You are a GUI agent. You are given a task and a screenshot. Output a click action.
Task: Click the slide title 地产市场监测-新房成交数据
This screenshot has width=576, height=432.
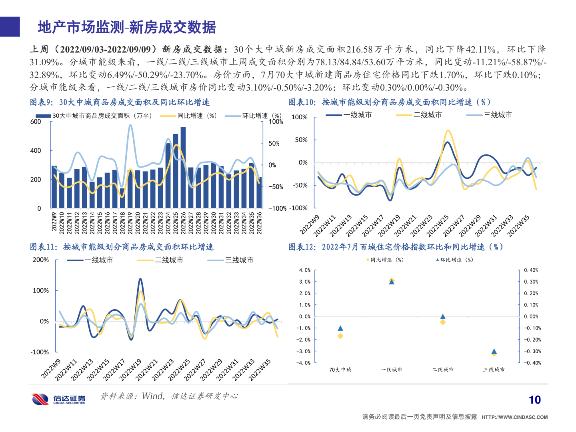pyautogui.click(x=126, y=27)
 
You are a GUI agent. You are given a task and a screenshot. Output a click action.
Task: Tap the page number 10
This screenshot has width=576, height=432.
pyautogui.click(x=534, y=400)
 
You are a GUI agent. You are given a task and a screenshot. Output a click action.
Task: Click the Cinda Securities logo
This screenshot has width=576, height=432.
pyautogui.click(x=58, y=399)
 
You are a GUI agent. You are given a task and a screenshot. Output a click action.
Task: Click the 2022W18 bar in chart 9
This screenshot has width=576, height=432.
pyautogui.click(x=122, y=198)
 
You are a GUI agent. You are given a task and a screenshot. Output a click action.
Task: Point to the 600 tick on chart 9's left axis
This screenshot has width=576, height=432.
pyautogui.click(x=36, y=122)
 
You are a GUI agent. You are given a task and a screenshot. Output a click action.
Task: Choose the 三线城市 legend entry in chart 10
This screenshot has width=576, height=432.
pyautogui.click(x=498, y=115)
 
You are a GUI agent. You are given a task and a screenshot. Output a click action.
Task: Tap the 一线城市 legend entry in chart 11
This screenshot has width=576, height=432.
pyautogui.click(x=98, y=260)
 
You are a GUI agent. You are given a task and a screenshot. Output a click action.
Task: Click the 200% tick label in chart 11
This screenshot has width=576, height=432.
pyautogui.click(x=41, y=260)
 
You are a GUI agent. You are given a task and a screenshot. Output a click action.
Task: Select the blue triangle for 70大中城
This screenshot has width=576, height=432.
pyautogui.click(x=340, y=328)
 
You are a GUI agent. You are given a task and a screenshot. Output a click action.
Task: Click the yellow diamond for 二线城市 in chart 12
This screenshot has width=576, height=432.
pyautogui.click(x=443, y=322)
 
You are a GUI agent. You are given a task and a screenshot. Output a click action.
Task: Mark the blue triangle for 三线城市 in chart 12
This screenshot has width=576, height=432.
pyautogui.click(x=494, y=351)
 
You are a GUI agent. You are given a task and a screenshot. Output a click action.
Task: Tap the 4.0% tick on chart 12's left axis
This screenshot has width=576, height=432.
pyautogui.click(x=305, y=270)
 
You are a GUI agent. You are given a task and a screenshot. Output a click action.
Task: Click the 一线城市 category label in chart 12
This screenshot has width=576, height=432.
pyautogui.click(x=392, y=370)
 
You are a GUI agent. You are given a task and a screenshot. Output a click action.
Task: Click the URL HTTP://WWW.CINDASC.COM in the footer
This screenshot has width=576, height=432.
pyautogui.click(x=514, y=417)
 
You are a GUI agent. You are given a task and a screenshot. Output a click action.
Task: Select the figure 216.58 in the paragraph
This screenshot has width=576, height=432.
pyautogui.click(x=359, y=49)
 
